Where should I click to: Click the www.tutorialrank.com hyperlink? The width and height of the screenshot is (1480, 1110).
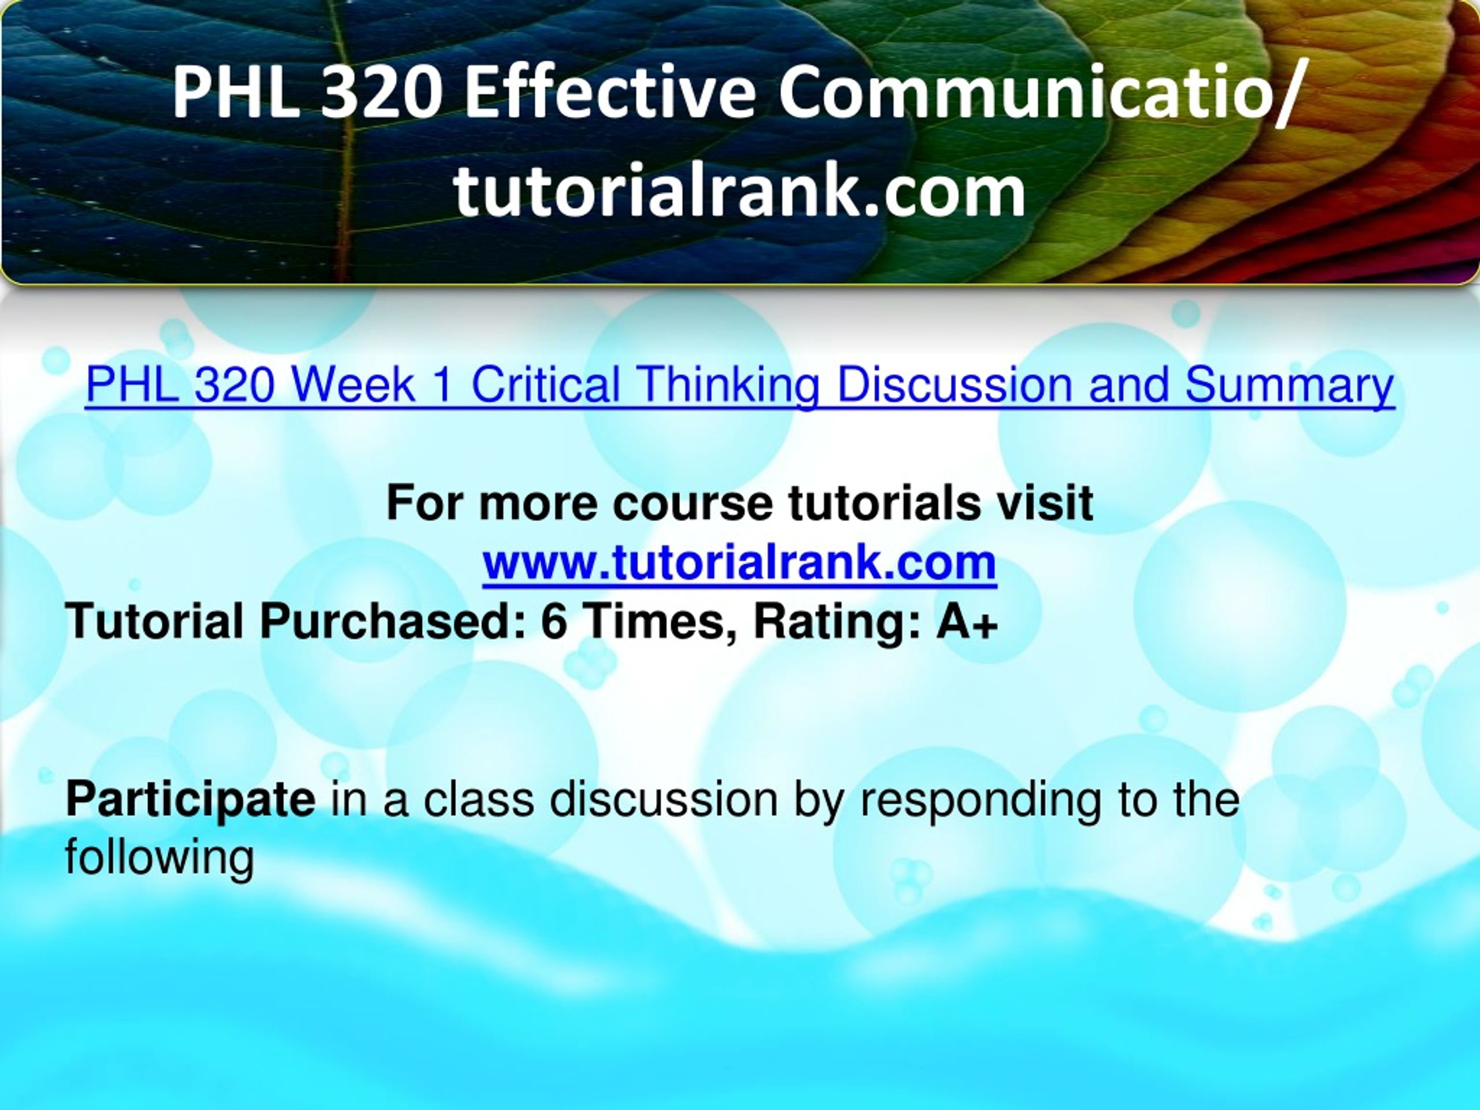739,563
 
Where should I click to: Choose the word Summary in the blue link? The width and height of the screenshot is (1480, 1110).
1289,386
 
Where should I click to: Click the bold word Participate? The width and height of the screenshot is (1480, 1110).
191,800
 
